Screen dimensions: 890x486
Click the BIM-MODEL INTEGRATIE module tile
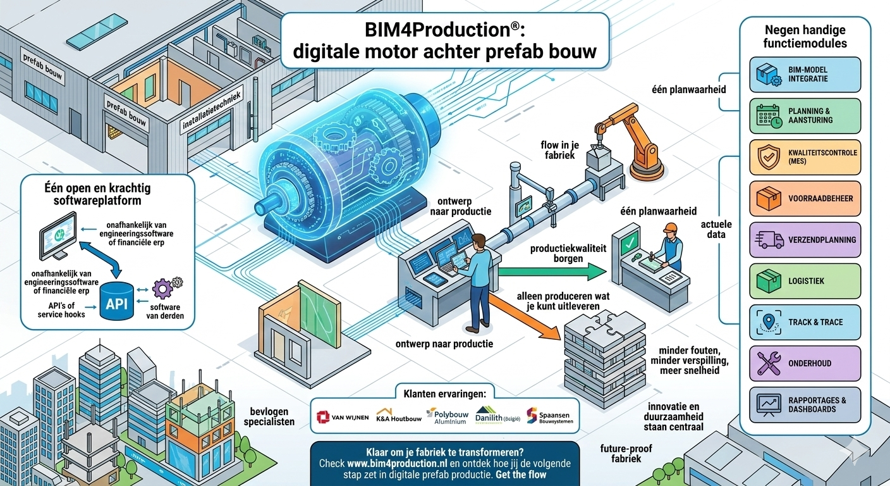(805, 75)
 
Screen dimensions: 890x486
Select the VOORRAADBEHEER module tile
(805, 199)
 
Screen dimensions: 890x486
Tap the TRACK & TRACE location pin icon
(769, 322)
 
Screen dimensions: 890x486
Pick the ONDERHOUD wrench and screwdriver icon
(769, 363)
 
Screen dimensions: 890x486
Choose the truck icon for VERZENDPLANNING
(769, 240)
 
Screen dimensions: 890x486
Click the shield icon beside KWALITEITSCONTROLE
(769, 157)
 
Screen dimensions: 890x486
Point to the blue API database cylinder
(116, 301)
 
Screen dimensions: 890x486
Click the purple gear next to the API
(162, 289)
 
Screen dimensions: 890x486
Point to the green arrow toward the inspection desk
(552, 271)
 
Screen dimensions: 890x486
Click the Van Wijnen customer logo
(343, 417)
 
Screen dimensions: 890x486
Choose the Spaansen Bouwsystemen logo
(549, 416)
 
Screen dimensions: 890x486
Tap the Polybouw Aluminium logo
(447, 416)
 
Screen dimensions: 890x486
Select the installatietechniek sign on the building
(212, 111)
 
